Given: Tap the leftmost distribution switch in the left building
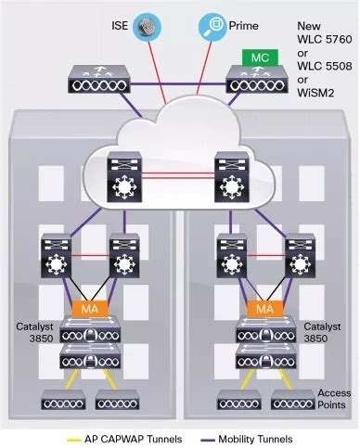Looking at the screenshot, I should [x=58, y=259].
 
